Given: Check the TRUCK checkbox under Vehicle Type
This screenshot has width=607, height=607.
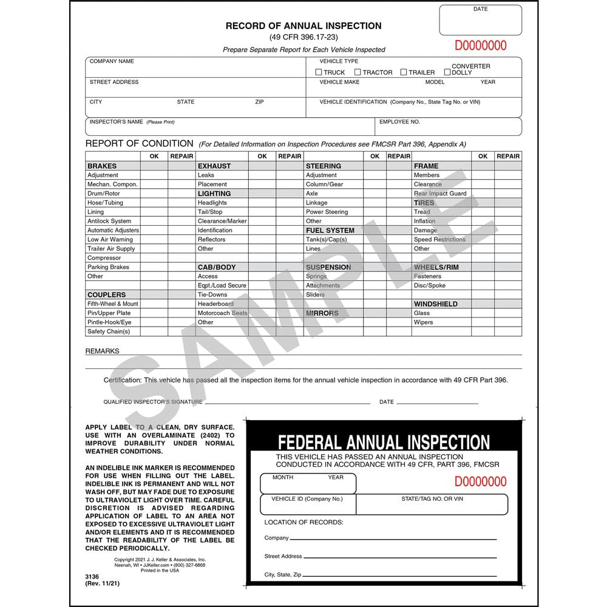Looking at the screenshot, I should (319, 72).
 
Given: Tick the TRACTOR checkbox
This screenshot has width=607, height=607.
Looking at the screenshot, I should (358, 72).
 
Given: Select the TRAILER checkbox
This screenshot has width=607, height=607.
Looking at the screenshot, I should (404, 72).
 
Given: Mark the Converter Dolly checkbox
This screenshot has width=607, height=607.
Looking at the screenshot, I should (447, 72).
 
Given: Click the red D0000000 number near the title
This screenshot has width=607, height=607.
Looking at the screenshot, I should (480, 46).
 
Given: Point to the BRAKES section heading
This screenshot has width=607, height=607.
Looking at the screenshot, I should (102, 166).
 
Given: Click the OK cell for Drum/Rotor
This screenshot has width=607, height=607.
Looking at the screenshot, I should (154, 194).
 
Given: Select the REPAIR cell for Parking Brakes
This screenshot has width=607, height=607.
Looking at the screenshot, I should (181, 267).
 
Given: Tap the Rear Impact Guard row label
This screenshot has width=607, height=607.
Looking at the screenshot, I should (440, 194).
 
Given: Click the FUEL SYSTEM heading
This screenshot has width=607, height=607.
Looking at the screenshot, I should (330, 231).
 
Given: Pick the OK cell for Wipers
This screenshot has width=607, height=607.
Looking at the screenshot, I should (483, 322).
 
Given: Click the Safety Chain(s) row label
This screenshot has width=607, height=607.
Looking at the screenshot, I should (109, 331).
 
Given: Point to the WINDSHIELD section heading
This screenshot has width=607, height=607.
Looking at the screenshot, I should (436, 304).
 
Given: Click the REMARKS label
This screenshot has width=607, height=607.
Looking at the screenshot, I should (103, 351).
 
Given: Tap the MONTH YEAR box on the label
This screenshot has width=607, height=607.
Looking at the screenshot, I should (308, 484).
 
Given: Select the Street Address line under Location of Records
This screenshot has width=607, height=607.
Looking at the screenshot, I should (401, 556).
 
